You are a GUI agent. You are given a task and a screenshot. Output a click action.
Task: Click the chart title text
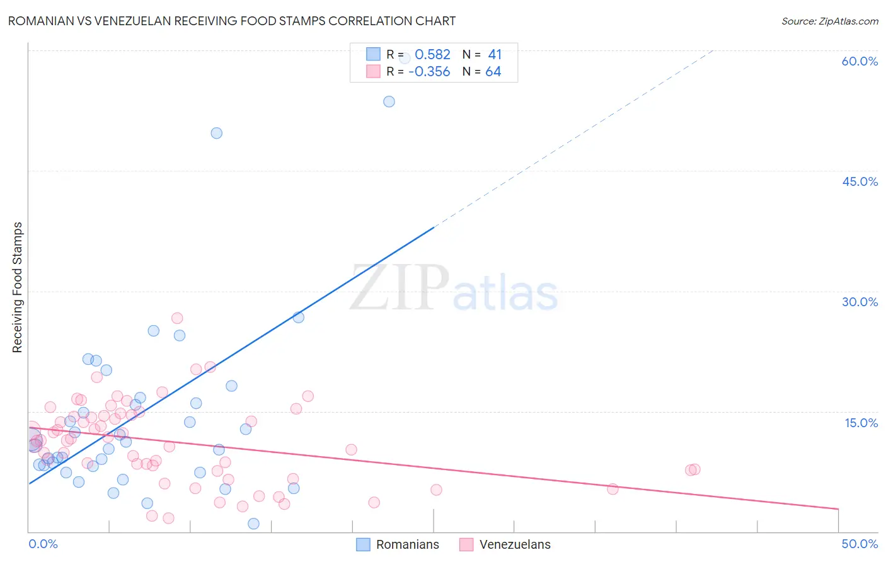[x=231, y=21]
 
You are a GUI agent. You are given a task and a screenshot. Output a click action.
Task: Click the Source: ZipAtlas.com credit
[x=829, y=21]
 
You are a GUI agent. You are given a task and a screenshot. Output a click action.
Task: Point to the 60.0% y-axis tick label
[x=860, y=61]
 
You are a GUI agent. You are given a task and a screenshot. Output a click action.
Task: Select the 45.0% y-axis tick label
[x=860, y=181]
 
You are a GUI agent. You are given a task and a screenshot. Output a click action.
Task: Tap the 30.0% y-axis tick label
[x=860, y=302]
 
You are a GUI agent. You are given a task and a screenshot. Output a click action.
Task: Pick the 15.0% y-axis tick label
[x=861, y=423]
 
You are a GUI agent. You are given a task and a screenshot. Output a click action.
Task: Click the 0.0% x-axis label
[x=43, y=544]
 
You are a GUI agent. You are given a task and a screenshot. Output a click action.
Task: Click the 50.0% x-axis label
[x=860, y=544]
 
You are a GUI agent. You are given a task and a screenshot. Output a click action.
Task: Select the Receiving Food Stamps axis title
[x=18, y=287]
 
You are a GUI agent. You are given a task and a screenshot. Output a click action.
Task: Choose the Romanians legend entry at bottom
[x=398, y=544]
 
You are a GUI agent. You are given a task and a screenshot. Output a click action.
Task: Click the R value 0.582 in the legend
[x=432, y=55]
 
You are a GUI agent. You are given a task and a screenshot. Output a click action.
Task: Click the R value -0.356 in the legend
[x=429, y=72]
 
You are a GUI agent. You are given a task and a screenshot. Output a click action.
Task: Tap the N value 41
[x=495, y=55]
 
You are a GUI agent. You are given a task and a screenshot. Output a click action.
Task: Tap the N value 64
[x=493, y=72]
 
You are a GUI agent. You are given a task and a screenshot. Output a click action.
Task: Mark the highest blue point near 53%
[x=389, y=101]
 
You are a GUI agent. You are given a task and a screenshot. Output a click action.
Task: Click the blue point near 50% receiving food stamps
[x=216, y=133]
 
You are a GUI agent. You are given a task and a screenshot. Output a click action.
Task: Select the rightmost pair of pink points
[x=693, y=469]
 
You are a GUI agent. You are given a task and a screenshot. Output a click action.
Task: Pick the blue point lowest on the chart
[x=253, y=524]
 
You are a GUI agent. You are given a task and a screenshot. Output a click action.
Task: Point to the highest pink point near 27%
[x=177, y=318]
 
